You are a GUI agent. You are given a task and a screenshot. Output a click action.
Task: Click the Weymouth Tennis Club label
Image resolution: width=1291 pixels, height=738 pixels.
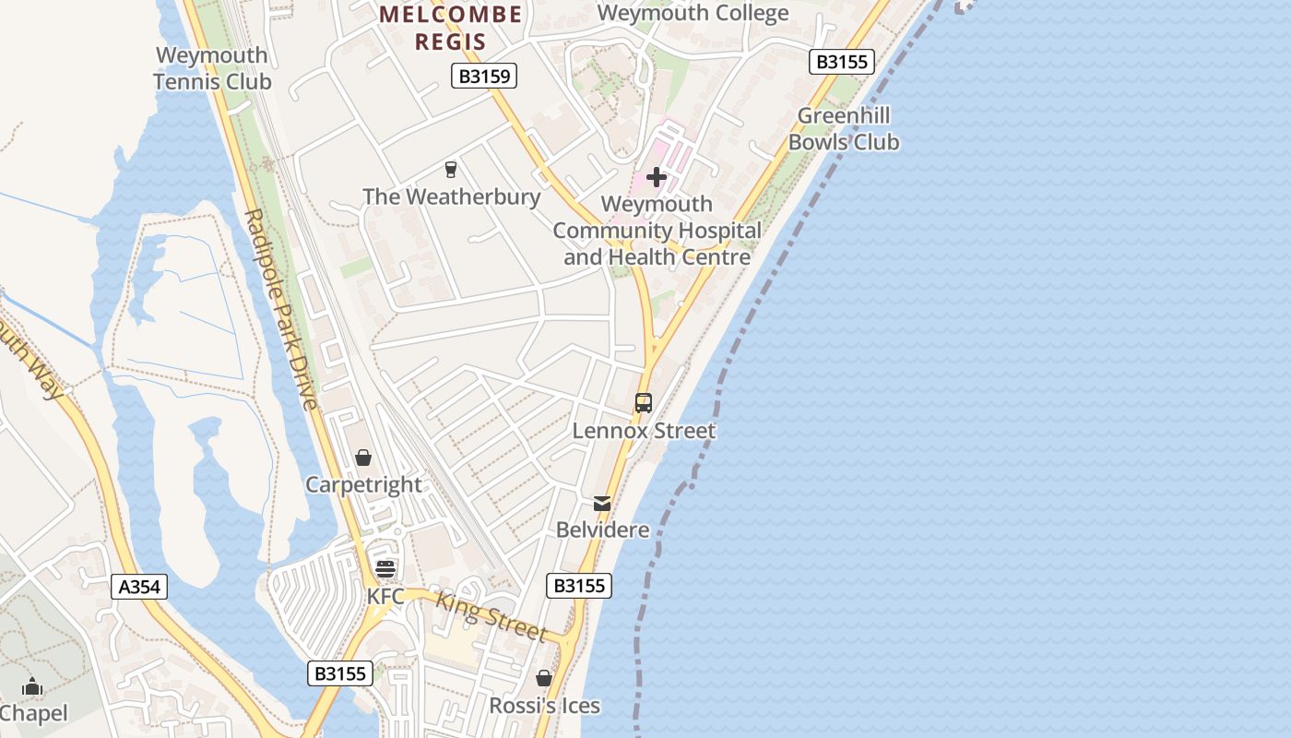(212, 68)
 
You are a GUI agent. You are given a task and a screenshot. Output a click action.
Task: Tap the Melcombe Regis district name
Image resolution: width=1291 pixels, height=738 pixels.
(450, 28)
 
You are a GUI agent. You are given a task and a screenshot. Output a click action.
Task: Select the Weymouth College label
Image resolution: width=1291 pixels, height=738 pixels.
(693, 13)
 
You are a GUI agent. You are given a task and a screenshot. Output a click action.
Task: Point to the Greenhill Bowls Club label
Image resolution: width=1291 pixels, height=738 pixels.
(843, 129)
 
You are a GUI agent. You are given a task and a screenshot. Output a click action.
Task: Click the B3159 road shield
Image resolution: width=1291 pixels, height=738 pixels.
(484, 76)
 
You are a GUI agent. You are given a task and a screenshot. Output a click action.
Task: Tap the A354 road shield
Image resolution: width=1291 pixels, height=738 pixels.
(139, 587)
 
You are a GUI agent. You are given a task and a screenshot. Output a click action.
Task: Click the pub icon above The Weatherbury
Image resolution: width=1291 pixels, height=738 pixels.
(451, 170)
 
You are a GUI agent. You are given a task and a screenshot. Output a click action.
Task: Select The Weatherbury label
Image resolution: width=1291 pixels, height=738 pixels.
(451, 196)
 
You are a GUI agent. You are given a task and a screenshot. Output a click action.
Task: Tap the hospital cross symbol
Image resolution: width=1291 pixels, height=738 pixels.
(657, 176)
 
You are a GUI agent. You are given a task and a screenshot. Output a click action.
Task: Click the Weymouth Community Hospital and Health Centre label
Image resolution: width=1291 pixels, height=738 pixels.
(657, 231)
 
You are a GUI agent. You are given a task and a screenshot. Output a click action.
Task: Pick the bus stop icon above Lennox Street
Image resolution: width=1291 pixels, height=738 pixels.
(644, 403)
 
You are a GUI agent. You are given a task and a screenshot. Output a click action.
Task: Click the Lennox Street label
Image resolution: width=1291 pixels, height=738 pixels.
(644, 431)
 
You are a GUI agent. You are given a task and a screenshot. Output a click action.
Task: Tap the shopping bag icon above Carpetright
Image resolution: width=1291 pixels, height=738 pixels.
(363, 458)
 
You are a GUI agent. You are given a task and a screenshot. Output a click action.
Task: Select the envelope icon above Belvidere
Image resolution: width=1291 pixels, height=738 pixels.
(602, 504)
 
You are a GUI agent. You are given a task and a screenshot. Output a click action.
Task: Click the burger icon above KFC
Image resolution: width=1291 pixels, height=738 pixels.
(385, 568)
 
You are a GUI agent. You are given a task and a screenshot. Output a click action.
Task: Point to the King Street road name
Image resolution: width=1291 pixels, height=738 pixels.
(492, 615)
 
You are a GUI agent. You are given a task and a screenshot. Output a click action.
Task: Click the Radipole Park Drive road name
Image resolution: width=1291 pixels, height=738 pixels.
(280, 309)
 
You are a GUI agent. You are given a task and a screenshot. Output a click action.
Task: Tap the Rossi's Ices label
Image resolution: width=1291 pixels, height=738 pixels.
(544, 706)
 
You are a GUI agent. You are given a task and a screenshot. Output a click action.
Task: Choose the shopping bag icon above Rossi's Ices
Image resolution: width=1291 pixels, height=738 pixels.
(544, 679)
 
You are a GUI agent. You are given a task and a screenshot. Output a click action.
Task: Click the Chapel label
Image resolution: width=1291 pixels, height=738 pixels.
(33, 713)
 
